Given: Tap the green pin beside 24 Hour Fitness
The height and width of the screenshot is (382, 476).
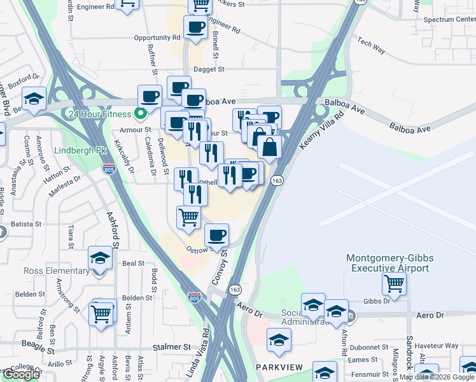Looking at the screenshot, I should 141,115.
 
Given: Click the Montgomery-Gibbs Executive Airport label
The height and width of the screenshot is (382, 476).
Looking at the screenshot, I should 387,263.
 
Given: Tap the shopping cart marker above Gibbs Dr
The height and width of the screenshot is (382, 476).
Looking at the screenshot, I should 395,284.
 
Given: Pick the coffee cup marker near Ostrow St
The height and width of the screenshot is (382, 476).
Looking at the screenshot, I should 217,236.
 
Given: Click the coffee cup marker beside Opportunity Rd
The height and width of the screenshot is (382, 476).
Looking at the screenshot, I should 195,27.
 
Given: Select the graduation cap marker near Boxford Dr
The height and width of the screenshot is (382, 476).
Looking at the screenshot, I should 34,99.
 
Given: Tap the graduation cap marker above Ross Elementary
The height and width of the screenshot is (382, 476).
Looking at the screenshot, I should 100,258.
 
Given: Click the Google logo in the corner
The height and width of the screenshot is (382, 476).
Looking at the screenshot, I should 21,374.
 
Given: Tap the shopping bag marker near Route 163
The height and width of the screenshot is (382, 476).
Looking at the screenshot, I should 270,146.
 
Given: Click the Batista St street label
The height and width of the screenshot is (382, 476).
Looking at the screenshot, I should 26,224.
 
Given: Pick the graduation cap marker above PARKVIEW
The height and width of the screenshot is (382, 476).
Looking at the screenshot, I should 279,341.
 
